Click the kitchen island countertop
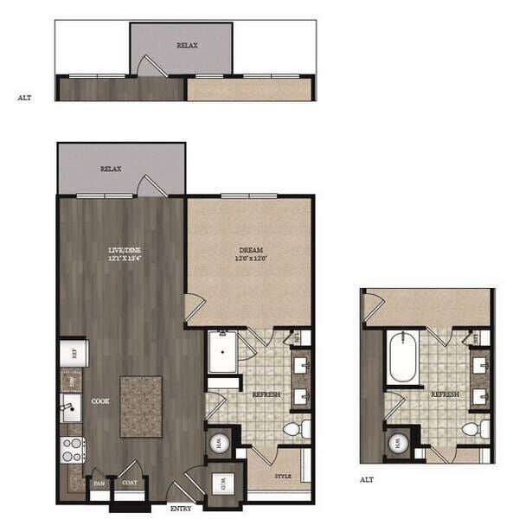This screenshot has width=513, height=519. click(x=140, y=406)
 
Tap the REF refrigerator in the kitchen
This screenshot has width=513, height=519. click(x=73, y=352)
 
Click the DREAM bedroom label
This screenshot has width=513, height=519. click(x=251, y=253)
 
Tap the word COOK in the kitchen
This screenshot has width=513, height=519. click(x=99, y=401)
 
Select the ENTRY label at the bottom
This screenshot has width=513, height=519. click(x=180, y=509)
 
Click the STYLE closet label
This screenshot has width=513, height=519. click(x=282, y=475)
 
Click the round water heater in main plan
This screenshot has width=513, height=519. click(x=219, y=443)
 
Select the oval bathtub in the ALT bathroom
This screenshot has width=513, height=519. click(x=403, y=357)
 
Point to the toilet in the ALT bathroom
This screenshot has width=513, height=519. click(x=471, y=428)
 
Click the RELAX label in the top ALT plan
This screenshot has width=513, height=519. click(x=186, y=44)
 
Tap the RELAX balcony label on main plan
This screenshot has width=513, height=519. click(x=110, y=170)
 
